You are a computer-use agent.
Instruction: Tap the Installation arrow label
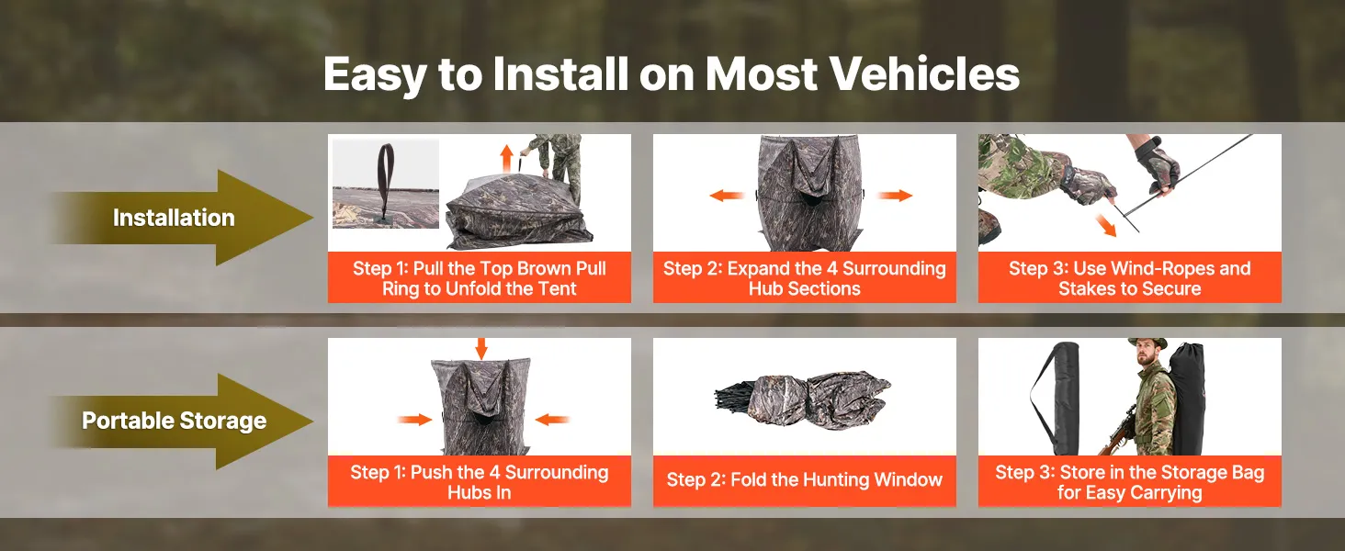[x=174, y=218]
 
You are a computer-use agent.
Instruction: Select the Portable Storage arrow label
[x=175, y=421]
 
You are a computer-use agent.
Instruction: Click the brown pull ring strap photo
[x=386, y=184]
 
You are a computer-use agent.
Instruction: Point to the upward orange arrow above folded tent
[x=507, y=159]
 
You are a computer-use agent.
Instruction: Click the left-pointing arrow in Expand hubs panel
[x=727, y=195]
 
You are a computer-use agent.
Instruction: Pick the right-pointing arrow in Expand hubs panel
[x=895, y=195]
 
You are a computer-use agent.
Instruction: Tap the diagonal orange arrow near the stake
[x=1105, y=225]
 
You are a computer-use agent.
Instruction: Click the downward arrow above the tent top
[x=481, y=348]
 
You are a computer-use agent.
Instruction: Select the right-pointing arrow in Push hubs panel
[x=415, y=420]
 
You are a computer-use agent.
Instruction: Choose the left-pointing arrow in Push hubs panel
[x=552, y=420]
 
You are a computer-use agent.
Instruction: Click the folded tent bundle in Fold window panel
[x=803, y=399]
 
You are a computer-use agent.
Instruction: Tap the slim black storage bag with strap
[x=1055, y=399]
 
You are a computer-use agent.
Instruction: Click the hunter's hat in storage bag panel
[x=1147, y=343]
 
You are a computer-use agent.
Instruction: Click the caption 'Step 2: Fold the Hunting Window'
[x=805, y=479]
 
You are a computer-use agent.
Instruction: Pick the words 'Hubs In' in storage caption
[x=480, y=493]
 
